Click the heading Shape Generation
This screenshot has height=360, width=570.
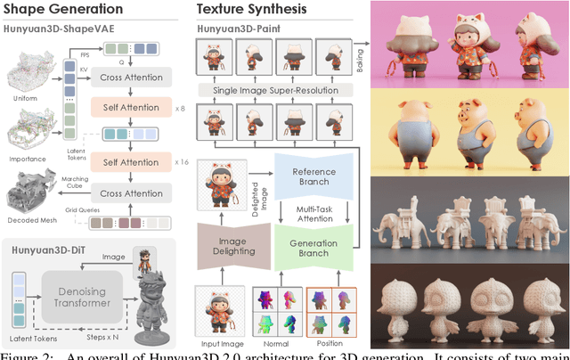tap(62, 10)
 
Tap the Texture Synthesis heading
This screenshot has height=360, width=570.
tap(252, 10)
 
